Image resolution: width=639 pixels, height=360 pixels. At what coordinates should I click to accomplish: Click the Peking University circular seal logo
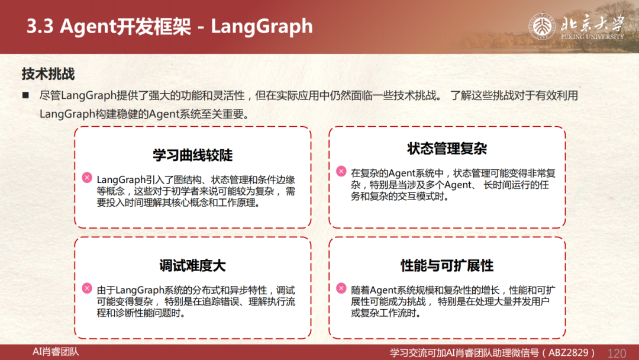coord(542,27)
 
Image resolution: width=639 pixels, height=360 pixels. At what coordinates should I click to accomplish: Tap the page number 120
coord(617,353)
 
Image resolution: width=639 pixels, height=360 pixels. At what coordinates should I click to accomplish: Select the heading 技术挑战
coord(48,74)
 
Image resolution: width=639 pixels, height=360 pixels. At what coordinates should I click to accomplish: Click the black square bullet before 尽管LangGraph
coord(25,95)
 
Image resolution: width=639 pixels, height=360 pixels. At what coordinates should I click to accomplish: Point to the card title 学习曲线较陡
coord(193,155)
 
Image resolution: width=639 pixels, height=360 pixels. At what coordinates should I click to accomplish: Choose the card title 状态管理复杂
coord(447,149)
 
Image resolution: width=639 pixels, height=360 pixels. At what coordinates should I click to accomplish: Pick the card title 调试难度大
coord(193,265)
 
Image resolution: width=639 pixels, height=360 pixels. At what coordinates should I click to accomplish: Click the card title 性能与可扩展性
coord(447,265)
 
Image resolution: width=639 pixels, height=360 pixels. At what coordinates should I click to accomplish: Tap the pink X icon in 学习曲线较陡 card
coord(87,178)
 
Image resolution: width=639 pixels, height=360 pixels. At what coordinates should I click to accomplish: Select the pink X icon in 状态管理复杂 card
coord(341,171)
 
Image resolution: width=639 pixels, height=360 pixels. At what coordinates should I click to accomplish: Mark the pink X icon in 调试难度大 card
coord(87,288)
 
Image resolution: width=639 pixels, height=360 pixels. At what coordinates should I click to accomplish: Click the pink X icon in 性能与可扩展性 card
coord(341,288)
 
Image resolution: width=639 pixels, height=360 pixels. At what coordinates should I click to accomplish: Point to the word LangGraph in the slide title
coord(262,27)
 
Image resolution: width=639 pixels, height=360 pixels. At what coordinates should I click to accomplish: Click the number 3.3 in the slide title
coord(40,27)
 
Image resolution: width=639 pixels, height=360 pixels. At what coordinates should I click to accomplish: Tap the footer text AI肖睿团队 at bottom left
coord(56,352)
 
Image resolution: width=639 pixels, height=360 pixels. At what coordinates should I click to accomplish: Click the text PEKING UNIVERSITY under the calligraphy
coord(592,37)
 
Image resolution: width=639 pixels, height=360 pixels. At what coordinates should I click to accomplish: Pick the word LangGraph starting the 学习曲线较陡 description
coord(121,180)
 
